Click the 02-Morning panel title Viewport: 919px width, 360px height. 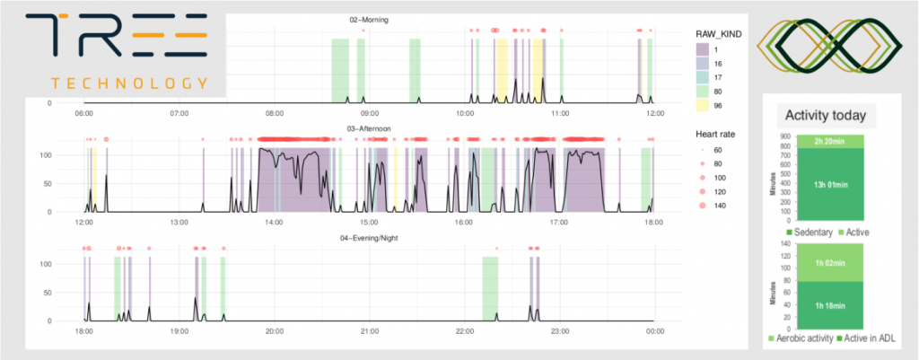point(369,19)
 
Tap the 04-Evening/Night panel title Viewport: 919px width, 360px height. point(369,238)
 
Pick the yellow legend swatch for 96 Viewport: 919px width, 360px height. point(705,105)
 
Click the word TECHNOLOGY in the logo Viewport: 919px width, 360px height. point(130,83)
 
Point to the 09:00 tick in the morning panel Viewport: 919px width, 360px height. point(370,114)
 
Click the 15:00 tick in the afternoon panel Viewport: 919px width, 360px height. point(368,223)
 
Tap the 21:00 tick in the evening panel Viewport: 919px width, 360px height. point(369,332)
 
